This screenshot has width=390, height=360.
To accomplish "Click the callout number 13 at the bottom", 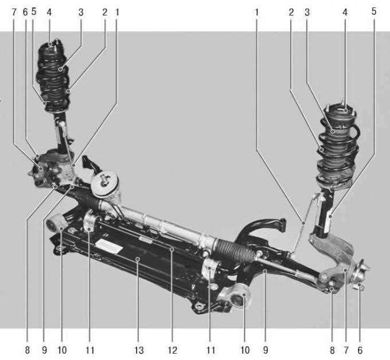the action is click(139, 350).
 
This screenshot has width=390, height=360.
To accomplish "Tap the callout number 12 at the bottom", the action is click(172, 350).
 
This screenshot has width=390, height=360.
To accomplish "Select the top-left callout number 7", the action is click(14, 12).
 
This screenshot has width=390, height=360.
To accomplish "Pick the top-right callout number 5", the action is click(374, 11).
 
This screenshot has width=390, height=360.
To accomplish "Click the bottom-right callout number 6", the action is click(360, 350).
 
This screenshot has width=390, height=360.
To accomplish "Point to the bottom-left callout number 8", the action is click(28, 350).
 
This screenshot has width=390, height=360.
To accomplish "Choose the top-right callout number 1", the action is click(257, 12).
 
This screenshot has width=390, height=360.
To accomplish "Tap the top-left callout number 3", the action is click(81, 12).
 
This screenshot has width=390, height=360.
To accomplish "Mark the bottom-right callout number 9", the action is click(266, 350).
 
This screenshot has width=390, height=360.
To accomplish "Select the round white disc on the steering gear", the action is click(104, 184).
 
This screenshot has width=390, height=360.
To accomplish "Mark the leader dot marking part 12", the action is click(171, 249).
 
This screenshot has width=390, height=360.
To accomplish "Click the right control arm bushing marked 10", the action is click(236, 296).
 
